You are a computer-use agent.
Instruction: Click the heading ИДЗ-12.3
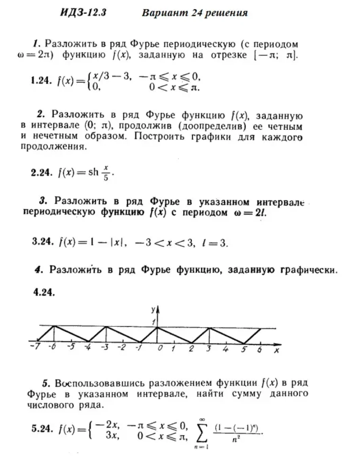83,13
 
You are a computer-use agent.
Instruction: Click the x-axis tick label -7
33,348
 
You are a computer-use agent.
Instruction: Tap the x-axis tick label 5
244,349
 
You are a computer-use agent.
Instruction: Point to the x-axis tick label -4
88,348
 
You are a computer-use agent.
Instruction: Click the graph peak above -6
53,326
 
